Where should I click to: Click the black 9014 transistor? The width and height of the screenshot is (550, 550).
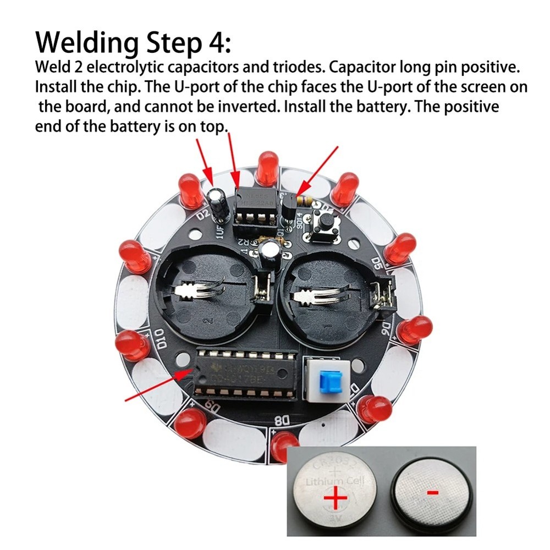point(288,208)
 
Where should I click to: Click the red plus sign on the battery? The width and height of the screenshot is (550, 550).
point(335,500)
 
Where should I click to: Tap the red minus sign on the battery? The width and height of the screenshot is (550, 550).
point(433,493)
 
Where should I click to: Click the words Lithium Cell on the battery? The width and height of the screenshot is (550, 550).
point(332,482)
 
